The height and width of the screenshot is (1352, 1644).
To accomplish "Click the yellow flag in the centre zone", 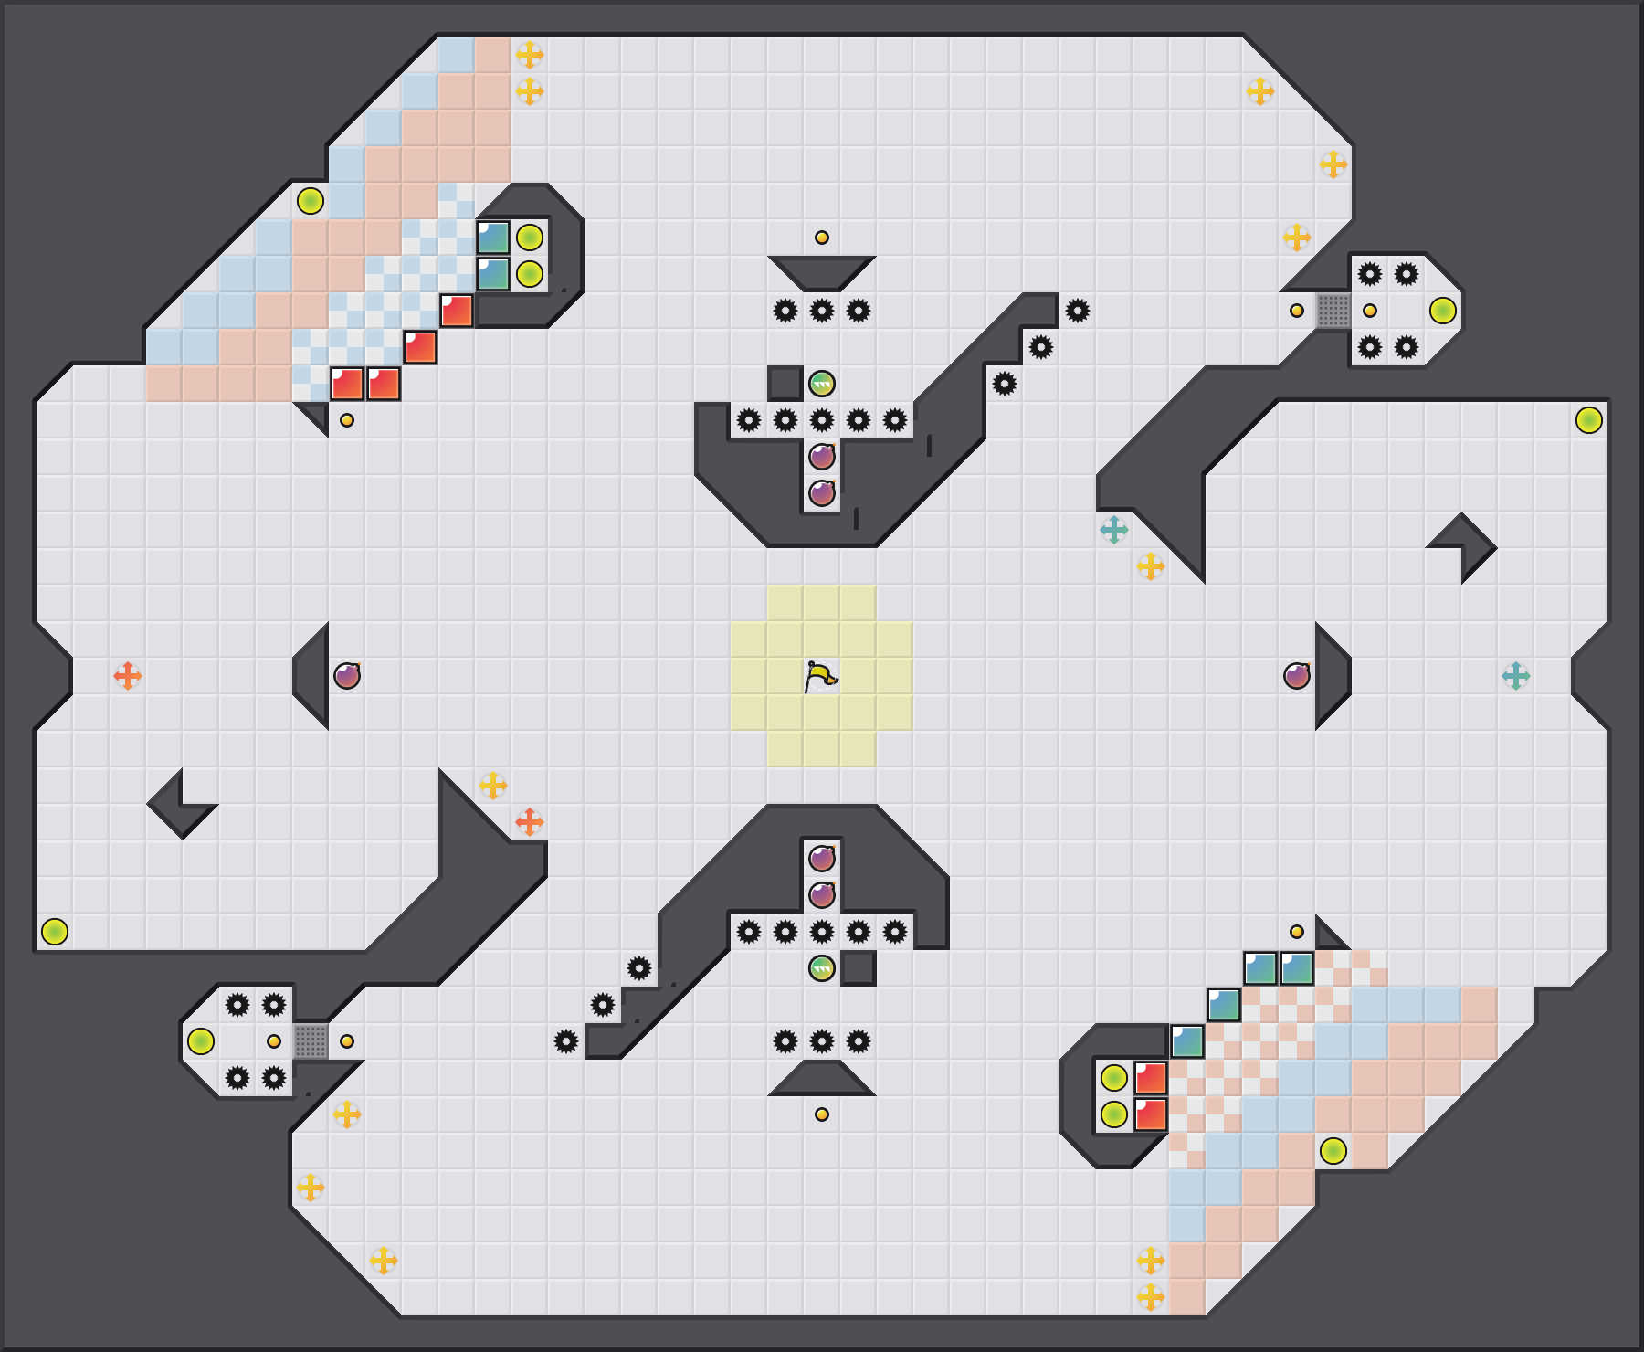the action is point(821,676).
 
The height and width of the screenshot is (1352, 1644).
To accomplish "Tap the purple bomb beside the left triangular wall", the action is point(347,676).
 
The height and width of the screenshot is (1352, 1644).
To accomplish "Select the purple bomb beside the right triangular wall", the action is point(1297,676).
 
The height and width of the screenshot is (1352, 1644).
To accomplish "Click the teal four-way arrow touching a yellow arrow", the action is point(1114,530).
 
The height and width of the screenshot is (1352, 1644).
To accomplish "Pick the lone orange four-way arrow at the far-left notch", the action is point(128,676).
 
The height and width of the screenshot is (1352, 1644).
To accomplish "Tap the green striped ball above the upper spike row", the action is point(822,384).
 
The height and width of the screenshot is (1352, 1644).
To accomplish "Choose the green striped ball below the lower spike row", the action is point(822,968).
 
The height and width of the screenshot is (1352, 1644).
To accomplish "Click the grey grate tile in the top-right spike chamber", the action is point(1333,311).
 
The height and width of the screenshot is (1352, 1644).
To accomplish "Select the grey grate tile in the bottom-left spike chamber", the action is point(311,1041).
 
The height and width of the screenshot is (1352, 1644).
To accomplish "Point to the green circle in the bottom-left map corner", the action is point(55,932).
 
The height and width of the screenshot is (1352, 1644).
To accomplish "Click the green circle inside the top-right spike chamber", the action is point(1443,311).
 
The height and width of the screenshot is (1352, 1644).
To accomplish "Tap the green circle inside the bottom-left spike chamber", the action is point(201,1041).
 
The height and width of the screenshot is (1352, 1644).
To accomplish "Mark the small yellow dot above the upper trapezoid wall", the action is point(822,238).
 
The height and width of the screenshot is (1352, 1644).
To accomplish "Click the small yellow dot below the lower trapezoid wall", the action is point(822,1114).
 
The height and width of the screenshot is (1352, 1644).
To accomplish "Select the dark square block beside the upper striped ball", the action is point(785,384).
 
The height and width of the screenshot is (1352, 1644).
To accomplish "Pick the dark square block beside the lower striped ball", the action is point(859,968).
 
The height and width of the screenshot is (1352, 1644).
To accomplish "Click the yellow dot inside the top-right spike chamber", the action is point(1370,311).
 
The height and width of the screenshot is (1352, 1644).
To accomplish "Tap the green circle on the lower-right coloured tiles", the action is point(1333,1151).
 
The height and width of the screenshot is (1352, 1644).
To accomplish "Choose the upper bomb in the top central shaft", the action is point(822,457).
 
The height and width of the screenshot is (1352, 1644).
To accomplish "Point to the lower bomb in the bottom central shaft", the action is point(822,895).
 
